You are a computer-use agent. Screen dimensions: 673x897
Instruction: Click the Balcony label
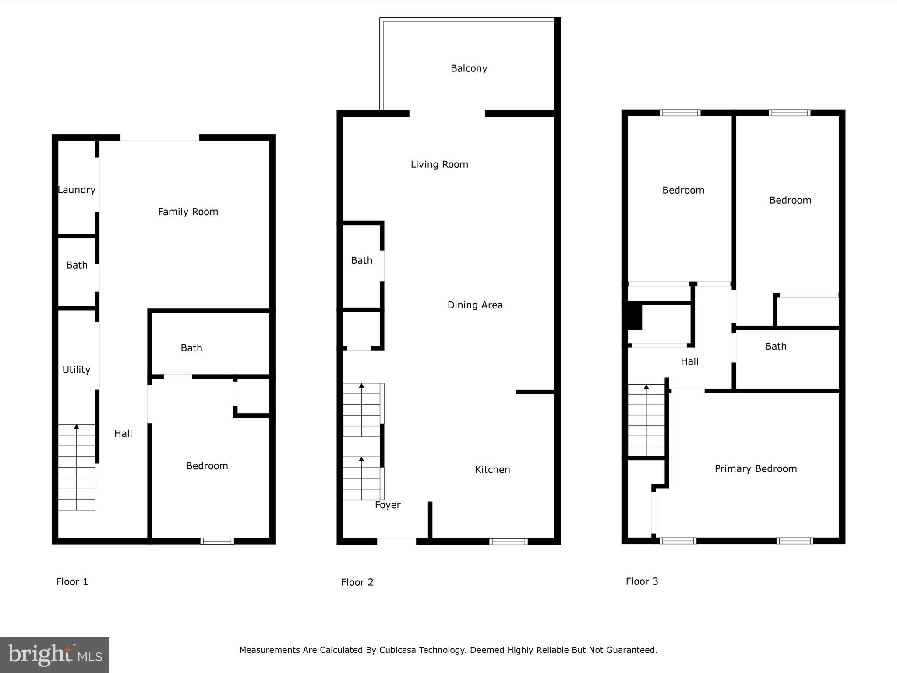pos(469,68)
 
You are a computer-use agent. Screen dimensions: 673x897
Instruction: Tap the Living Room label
pos(439,164)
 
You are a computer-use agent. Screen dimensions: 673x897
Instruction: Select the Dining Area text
pos(475,305)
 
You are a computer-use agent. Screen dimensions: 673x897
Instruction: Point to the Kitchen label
pos(492,469)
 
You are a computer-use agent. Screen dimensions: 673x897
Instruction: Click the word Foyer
pos(388,505)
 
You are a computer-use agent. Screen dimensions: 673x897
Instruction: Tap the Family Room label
pos(188,212)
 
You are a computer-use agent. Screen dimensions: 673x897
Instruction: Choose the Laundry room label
pos(77,190)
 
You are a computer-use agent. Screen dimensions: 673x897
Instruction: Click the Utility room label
pos(76,369)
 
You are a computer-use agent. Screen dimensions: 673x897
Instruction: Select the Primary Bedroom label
pos(756,468)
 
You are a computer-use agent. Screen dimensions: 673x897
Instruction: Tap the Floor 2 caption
pos(357,582)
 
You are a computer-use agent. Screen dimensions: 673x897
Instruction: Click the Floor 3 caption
pos(642,581)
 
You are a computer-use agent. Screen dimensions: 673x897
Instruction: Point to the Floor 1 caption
pos(72,581)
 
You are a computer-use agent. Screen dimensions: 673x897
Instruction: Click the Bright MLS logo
pos(55,655)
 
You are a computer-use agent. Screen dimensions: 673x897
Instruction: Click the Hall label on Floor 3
pos(689,361)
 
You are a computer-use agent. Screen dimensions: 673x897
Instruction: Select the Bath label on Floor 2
pos(361,260)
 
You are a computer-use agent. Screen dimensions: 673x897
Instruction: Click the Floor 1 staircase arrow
pos(77,426)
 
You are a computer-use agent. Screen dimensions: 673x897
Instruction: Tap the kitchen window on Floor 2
pos(508,541)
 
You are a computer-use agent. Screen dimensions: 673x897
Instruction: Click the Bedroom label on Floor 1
pos(207,466)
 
